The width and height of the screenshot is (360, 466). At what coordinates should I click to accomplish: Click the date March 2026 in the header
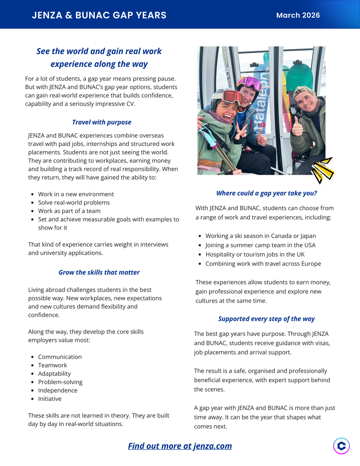click(298, 15)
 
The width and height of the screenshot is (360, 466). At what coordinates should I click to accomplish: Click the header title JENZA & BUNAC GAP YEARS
click(99, 15)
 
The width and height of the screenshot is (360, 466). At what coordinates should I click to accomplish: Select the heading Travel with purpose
click(102, 122)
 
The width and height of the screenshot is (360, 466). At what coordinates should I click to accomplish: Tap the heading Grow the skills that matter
click(99, 272)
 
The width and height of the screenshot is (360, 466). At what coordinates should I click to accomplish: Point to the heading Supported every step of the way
click(266, 318)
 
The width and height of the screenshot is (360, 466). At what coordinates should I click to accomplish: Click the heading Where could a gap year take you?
click(266, 193)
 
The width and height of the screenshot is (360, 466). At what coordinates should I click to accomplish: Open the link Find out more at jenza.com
click(180, 446)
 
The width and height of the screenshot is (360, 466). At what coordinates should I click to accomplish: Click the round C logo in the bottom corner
click(341, 446)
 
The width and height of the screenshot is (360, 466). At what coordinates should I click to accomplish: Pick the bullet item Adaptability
click(54, 374)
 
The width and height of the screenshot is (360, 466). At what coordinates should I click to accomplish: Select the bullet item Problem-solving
click(60, 382)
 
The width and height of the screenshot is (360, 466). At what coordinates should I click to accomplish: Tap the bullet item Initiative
click(50, 399)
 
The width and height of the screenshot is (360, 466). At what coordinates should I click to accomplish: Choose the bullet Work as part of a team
click(69, 211)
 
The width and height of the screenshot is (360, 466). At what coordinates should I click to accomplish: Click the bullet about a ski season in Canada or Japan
click(261, 236)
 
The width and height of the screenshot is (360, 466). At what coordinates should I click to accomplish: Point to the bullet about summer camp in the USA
click(260, 245)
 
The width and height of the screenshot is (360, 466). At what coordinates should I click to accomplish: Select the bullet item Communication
click(60, 357)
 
